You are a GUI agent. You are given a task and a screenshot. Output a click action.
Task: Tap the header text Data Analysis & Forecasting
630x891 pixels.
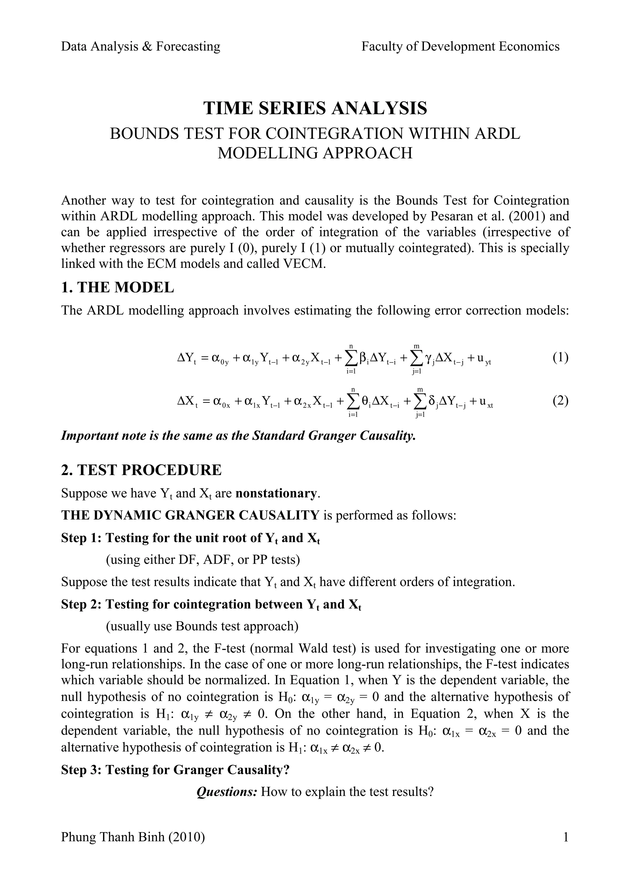141,46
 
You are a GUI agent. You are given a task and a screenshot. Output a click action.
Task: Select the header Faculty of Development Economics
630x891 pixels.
461,46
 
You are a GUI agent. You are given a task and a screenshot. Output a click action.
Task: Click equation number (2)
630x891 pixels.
560,401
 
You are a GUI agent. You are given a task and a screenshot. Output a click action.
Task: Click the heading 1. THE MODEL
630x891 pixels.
118,287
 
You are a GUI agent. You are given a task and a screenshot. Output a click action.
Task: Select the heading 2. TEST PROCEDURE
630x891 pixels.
141,470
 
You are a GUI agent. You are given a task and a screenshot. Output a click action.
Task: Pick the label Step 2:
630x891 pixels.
82,604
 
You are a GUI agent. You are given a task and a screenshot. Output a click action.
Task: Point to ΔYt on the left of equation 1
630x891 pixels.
186,358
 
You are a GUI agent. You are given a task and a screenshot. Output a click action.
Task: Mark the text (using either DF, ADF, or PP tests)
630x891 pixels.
203,560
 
